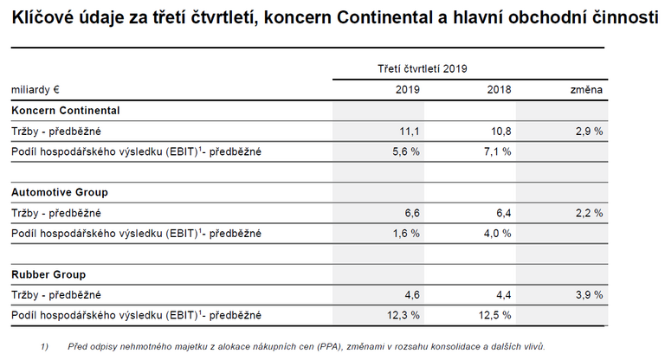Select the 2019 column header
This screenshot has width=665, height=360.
(408, 89)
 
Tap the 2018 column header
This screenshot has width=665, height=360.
(499, 89)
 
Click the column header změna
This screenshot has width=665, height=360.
(586, 89)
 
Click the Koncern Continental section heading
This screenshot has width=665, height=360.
(66, 111)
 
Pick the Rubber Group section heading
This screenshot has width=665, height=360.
(48, 274)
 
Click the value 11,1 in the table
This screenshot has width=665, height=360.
(410, 131)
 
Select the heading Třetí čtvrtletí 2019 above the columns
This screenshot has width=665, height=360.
(423, 68)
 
